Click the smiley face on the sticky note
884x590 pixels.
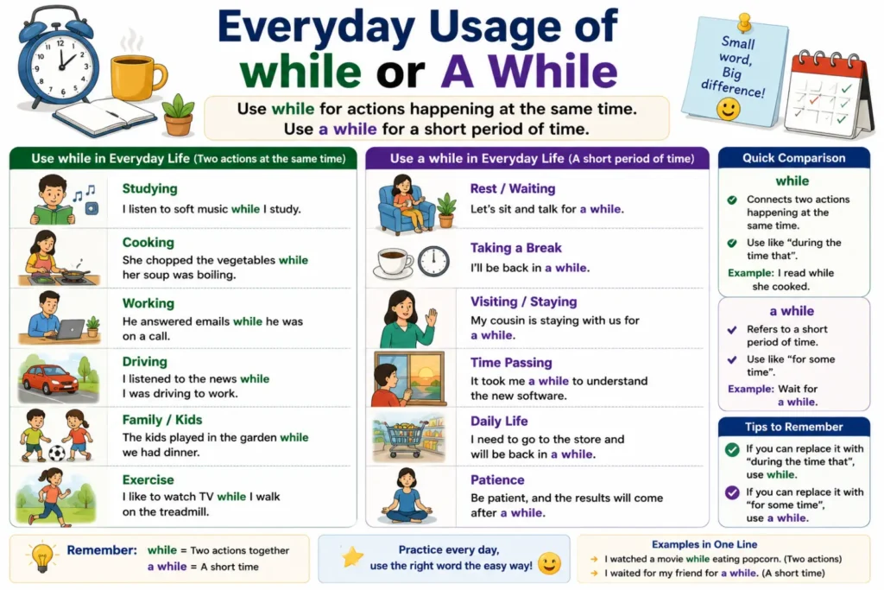728,109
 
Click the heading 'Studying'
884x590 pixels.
149,188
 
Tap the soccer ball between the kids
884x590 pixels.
56,453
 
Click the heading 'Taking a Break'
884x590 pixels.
516,248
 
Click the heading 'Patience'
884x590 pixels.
497,479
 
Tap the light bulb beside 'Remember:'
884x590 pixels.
41,557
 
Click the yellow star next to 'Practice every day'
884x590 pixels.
353,557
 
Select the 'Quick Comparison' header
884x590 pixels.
794,158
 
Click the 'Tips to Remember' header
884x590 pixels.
794,427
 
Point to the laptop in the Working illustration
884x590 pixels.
71,329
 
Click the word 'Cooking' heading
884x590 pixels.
148,242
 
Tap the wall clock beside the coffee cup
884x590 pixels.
433,261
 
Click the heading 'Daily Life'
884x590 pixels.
499,421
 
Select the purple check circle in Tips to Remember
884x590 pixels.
732,492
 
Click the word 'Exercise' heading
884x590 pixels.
148,479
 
